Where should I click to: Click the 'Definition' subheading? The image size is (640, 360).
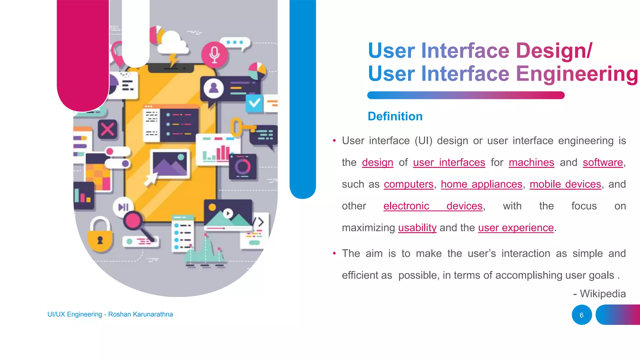pos(395,116)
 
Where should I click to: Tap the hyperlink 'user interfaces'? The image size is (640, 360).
pos(449,162)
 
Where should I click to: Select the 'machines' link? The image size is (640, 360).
pos(531,162)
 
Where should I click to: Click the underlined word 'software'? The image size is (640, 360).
pos(602,162)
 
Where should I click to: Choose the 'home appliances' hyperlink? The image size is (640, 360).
pos(481,184)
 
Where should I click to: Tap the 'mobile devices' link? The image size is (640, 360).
pos(565,184)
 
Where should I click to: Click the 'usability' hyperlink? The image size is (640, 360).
pos(417,228)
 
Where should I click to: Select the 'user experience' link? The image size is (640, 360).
pos(516,228)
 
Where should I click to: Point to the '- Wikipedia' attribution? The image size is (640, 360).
pos(599,294)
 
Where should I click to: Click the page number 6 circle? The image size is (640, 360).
pos(582,315)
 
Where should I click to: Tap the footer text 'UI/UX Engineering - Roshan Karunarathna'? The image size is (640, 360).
pos(110,314)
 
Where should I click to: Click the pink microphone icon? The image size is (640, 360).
pos(214,54)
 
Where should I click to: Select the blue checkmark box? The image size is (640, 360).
pos(254,103)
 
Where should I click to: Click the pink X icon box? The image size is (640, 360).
pos(108,129)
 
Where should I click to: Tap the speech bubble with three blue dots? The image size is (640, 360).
pos(235,43)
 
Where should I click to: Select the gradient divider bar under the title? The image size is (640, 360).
pos(466,95)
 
